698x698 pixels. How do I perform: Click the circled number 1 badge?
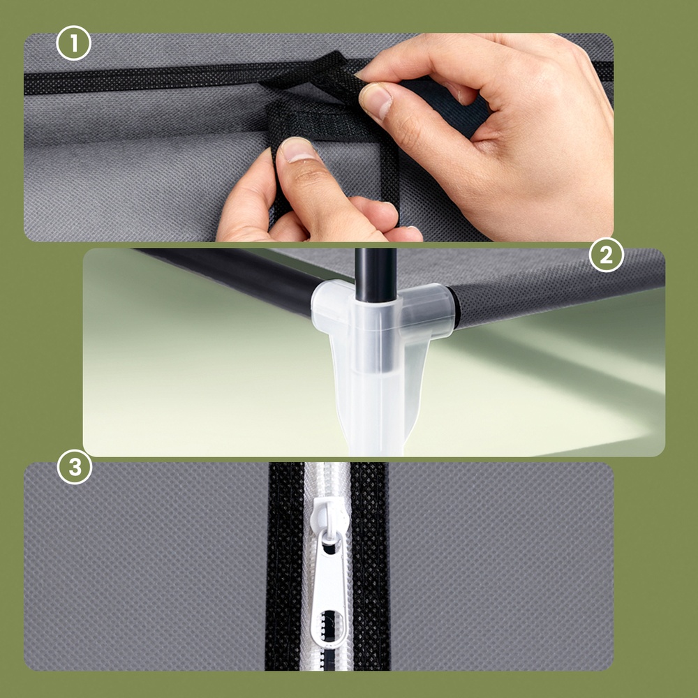(x=73, y=43)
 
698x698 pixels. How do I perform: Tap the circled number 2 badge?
(x=606, y=255)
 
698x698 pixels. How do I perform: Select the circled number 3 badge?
(x=75, y=467)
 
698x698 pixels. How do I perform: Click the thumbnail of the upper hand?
(x=374, y=101)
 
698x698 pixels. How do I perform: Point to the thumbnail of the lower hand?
(x=297, y=149)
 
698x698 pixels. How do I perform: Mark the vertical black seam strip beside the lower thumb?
(x=390, y=178)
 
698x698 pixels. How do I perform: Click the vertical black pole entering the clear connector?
(x=376, y=274)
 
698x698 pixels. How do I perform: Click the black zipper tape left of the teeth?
(x=285, y=566)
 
